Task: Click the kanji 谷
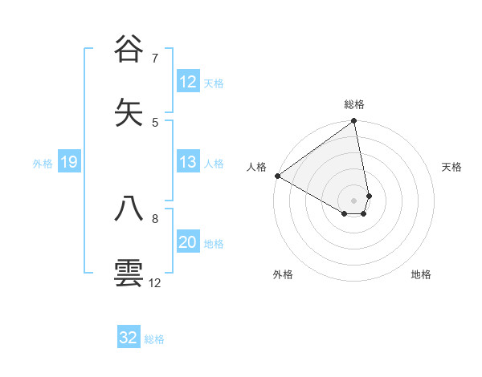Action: [x=129, y=49]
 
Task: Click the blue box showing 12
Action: [x=187, y=82]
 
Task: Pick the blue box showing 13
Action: [x=187, y=162]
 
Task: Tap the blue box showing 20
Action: [x=187, y=242]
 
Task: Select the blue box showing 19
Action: [x=68, y=163]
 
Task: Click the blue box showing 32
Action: [x=129, y=338]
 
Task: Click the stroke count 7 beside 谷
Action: [x=155, y=58]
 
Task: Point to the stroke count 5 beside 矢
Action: [x=155, y=122]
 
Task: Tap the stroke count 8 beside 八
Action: [x=155, y=218]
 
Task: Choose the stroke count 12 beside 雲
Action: [x=155, y=282]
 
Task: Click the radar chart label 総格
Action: [x=354, y=104]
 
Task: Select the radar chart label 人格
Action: [x=256, y=167]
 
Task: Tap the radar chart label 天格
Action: [x=451, y=167]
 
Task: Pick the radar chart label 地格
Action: [x=421, y=274]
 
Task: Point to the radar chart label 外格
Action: [x=283, y=274]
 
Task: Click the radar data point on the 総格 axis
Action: [x=354, y=122]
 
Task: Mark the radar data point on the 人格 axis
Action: [x=277, y=176]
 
